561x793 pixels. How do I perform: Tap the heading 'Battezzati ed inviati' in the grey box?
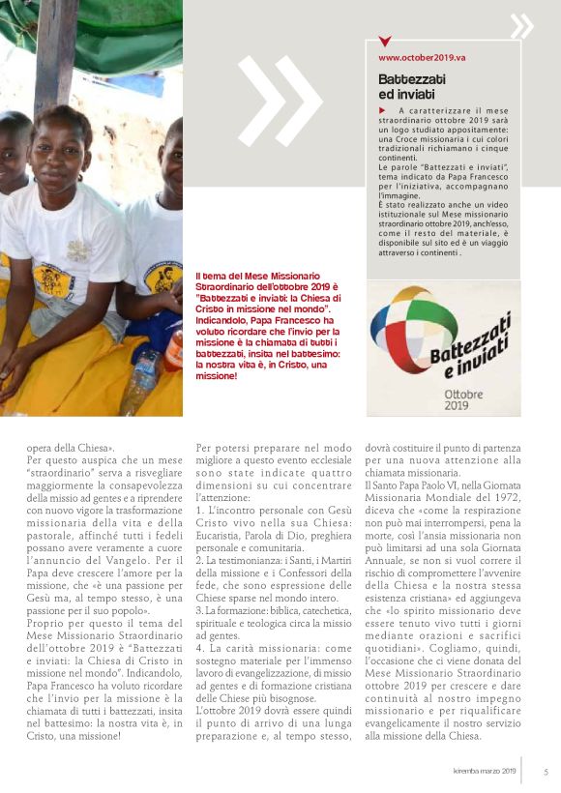tap(406, 86)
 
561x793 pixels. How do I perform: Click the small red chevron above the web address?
tap(385, 43)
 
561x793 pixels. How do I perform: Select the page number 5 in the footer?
tap(546, 772)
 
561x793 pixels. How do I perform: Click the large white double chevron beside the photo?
tap(280, 102)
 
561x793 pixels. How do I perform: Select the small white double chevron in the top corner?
tap(521, 26)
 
